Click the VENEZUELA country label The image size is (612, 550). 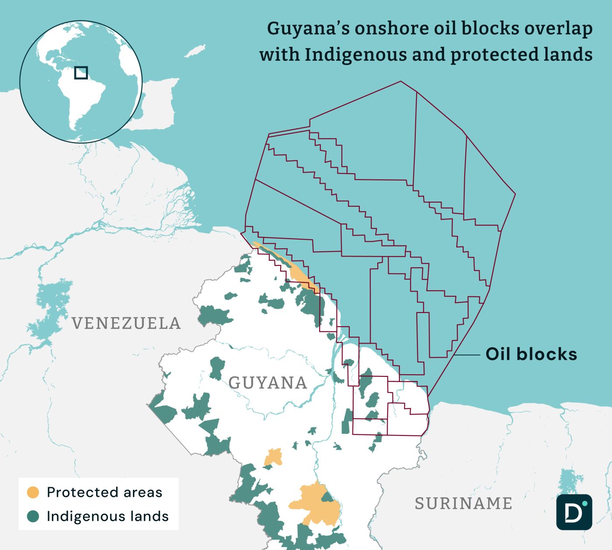pyautogui.click(x=126, y=324)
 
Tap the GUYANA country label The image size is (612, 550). pyautogui.click(x=268, y=383)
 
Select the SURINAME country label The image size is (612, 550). pyautogui.click(x=463, y=504)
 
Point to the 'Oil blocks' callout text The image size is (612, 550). pyautogui.click(x=531, y=354)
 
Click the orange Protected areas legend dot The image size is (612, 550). pyautogui.click(x=33, y=492)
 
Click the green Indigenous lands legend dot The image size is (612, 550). pyautogui.click(x=33, y=516)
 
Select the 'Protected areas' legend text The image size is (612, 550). pyautogui.click(x=104, y=492)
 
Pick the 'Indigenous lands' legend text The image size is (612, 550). pyautogui.click(x=108, y=516)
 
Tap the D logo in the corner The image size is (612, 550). pyautogui.click(x=574, y=512)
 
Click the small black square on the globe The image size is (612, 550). pyautogui.click(x=81, y=73)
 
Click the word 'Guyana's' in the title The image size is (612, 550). pyautogui.click(x=308, y=28)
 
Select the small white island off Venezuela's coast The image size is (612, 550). pyautogui.click(x=195, y=51)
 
